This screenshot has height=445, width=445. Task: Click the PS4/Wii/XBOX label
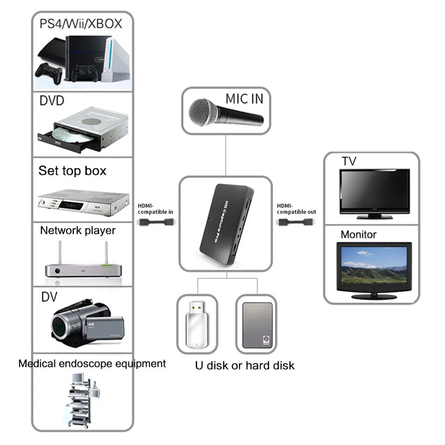point(81,24)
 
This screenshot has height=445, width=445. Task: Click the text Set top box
point(72,171)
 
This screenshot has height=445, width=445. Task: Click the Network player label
point(78,230)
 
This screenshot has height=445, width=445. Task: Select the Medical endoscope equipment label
point(92,363)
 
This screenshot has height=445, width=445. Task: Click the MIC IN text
point(244,99)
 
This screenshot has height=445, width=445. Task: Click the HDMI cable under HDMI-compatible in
point(157,222)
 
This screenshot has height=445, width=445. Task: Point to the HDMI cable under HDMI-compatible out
point(296,222)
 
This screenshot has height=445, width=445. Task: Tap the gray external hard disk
point(257,325)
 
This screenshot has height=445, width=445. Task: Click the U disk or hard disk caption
point(244,365)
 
